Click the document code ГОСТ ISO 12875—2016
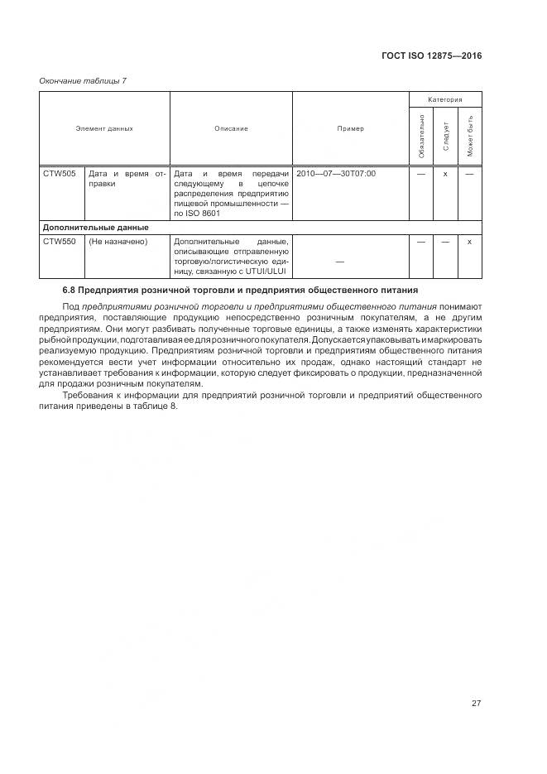(431, 56)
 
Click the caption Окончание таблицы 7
(83, 80)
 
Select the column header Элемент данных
(104, 129)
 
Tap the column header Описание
(231, 129)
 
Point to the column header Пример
(350, 129)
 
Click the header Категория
(445, 99)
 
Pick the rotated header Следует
(446, 136)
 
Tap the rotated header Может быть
(470, 135)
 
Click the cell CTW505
(59, 174)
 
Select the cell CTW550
(59, 242)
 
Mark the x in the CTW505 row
(445, 174)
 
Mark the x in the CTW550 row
(469, 242)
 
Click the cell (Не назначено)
(118, 242)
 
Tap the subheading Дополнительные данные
(95, 227)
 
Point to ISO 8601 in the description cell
(201, 213)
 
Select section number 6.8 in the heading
(70, 291)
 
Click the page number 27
(476, 704)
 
